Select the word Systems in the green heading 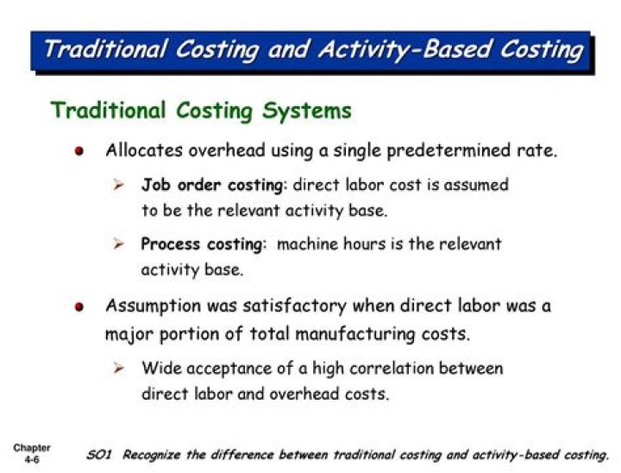[x=310, y=110]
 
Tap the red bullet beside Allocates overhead [x=80, y=151]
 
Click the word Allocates [x=141, y=150]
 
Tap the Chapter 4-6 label [x=31, y=454]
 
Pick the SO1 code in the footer [x=100, y=455]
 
